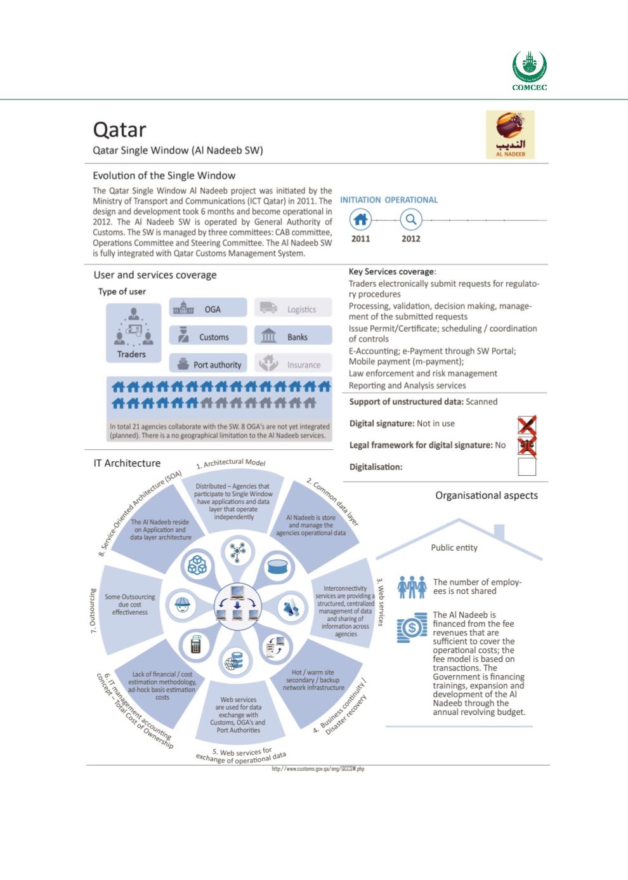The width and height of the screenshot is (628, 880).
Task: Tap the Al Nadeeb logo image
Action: coord(510,135)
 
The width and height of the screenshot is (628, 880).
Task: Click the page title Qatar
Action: coord(120,129)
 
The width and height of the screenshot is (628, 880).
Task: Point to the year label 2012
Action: coord(411,239)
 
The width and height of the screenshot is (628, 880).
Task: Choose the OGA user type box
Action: coord(208,309)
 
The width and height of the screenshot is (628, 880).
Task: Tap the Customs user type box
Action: coord(208,337)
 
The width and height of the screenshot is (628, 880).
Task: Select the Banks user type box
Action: coord(293,337)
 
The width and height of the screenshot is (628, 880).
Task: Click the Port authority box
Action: coord(208,365)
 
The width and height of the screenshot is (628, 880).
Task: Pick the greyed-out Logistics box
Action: coord(293,309)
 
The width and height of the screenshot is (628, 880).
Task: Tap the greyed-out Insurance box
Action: coord(293,365)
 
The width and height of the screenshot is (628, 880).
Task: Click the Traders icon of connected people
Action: coord(132,329)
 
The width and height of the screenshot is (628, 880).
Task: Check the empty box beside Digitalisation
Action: coord(527,468)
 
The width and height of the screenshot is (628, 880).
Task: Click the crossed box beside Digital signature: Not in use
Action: coord(527,424)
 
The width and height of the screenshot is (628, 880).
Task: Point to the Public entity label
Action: coord(454,548)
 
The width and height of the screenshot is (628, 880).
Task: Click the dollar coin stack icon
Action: coord(412,629)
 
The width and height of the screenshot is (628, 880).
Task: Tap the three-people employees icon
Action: coord(412,587)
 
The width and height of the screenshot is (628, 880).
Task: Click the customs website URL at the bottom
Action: coord(318,769)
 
